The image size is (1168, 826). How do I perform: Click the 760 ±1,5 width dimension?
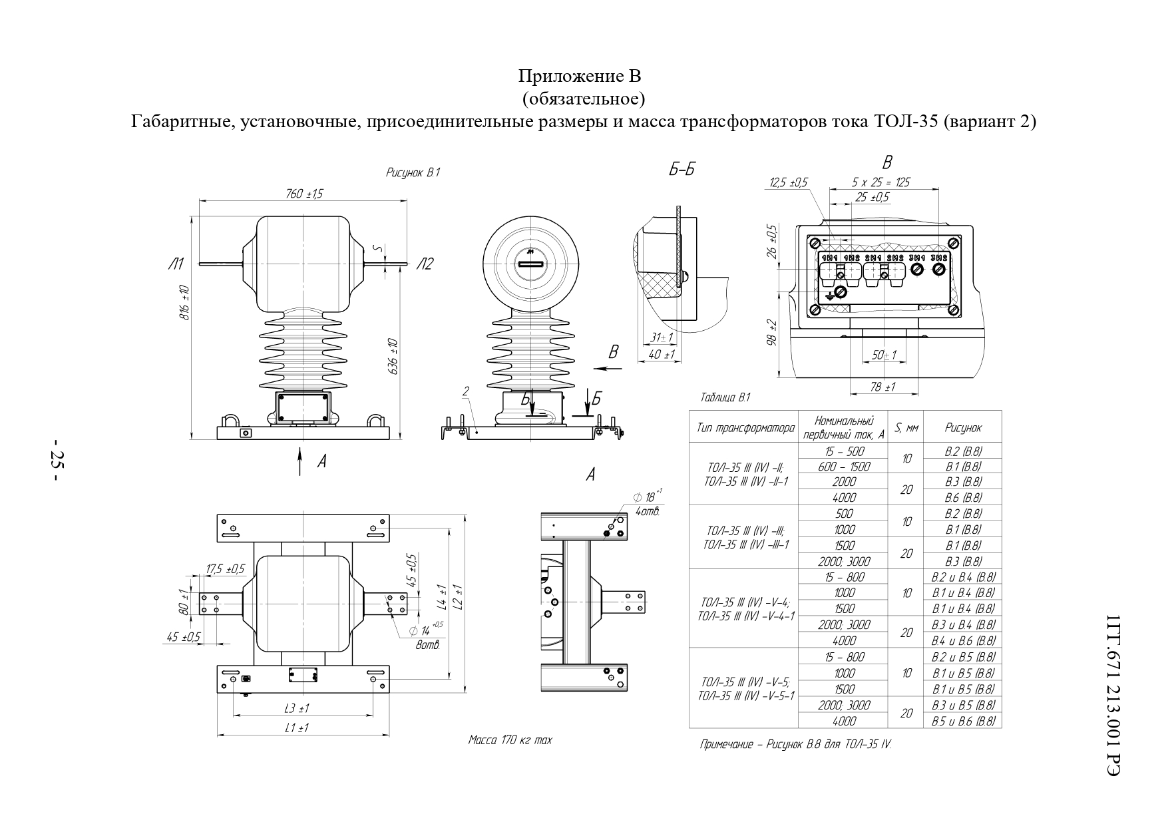click(x=304, y=193)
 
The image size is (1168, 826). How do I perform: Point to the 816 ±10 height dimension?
click(x=186, y=303)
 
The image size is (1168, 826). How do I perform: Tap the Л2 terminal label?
click(x=425, y=264)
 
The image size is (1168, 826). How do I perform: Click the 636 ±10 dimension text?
click(x=393, y=357)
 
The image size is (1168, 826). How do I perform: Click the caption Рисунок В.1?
click(x=413, y=172)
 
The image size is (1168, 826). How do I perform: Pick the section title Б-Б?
click(x=681, y=170)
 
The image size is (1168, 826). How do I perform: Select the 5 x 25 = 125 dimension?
click(x=880, y=182)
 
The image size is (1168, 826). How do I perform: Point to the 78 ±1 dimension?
click(x=883, y=387)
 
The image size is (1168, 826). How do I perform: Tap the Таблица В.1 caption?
click(x=725, y=397)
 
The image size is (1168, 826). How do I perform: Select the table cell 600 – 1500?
click(x=844, y=466)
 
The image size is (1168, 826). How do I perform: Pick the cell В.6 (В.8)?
click(x=963, y=497)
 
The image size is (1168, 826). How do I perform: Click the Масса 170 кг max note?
click(x=510, y=740)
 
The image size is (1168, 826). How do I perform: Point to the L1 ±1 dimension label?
click(x=297, y=728)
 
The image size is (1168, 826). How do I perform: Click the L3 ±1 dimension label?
click(x=297, y=708)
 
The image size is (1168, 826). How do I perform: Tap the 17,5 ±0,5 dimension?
click(x=226, y=569)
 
